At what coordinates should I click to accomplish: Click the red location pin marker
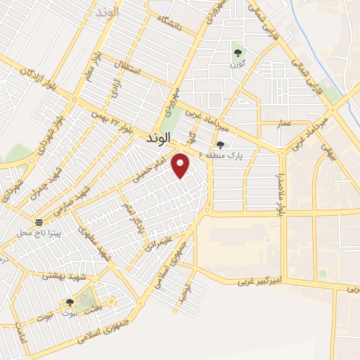pyautogui.click(x=181, y=165)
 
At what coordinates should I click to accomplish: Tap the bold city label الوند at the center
pyautogui.click(x=159, y=139)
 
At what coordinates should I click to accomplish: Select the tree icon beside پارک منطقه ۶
pyautogui.click(x=220, y=145)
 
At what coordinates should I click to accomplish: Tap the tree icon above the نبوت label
pyautogui.click(x=70, y=303)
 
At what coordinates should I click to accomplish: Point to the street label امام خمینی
pyautogui.click(x=150, y=171)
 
